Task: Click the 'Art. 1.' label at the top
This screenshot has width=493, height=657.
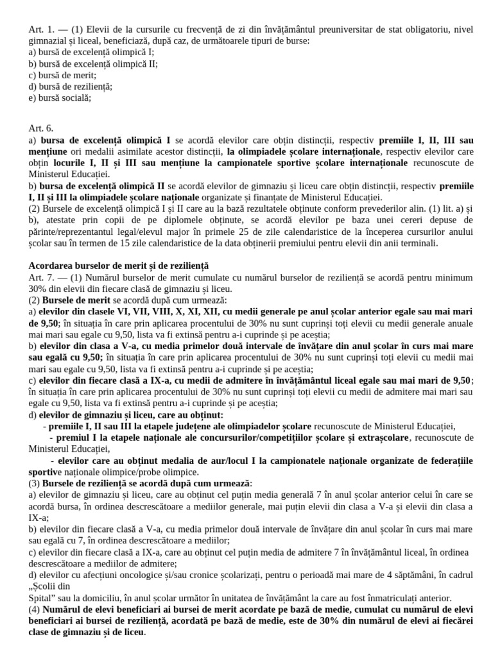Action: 40,29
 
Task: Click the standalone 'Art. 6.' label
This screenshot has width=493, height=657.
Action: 41,128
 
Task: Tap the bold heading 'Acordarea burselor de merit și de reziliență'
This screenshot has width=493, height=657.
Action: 119,266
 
